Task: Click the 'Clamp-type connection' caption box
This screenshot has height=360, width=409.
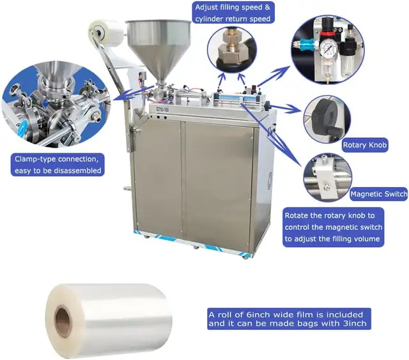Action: [58, 164]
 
